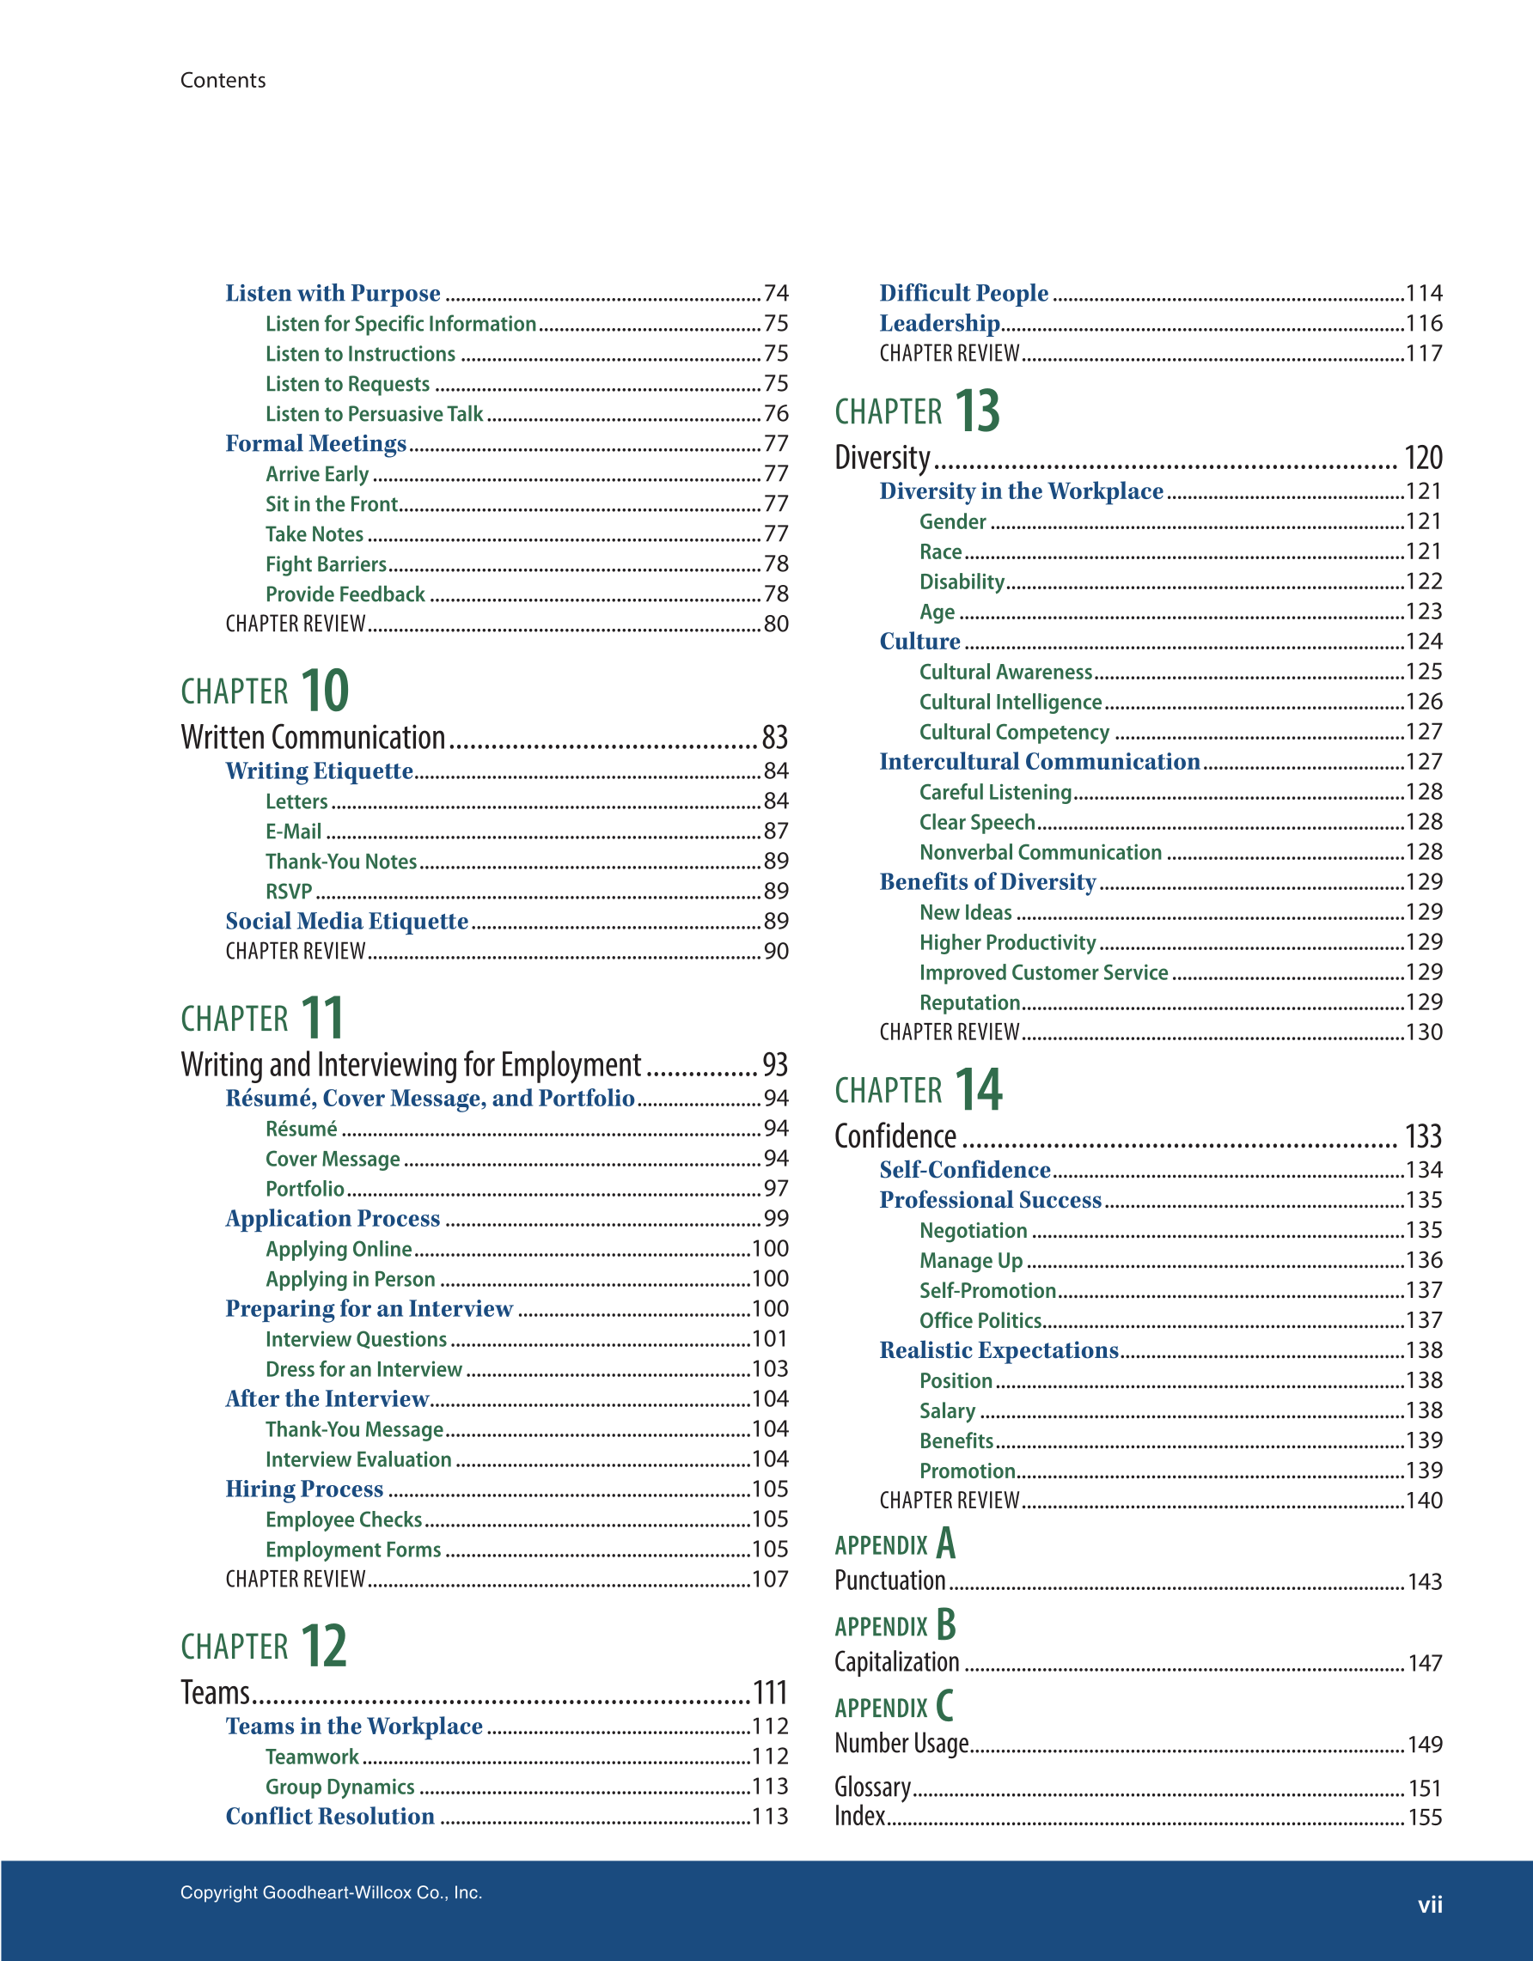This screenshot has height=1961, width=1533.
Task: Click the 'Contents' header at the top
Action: click(x=223, y=80)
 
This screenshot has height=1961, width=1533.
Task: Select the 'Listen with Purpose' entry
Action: click(x=333, y=293)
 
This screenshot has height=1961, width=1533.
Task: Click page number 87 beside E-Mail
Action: click(x=775, y=831)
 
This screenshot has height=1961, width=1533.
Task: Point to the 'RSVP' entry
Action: click(x=288, y=891)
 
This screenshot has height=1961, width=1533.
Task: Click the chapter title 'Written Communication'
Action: click(x=313, y=737)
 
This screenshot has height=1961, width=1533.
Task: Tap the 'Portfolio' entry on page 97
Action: click(x=304, y=1188)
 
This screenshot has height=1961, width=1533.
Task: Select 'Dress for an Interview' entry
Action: click(x=363, y=1368)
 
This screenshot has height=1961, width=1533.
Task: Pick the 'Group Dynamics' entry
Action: click(x=339, y=1786)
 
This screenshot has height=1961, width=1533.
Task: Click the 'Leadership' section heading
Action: click(x=939, y=322)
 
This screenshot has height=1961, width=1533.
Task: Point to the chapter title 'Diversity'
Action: click(x=882, y=457)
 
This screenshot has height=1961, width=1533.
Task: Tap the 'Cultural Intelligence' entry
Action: click(x=1010, y=701)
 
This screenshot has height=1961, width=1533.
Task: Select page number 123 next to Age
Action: click(x=1422, y=612)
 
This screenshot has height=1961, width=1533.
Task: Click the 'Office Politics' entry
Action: click(x=980, y=1320)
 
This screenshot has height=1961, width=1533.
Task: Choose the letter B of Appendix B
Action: click(x=945, y=1624)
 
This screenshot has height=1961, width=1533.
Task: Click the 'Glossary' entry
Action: click(x=872, y=1787)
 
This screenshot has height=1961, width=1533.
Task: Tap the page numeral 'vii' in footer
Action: click(x=1429, y=1903)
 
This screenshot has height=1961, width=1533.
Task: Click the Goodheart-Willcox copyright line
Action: click(x=331, y=1892)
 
